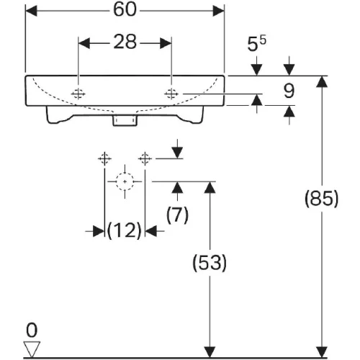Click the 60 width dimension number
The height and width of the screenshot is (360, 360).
point(125,10)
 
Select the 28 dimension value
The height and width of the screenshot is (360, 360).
point(125,42)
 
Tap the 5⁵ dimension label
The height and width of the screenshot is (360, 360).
point(257,43)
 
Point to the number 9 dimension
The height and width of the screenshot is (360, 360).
point(289,91)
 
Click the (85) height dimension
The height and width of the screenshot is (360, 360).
point(322,199)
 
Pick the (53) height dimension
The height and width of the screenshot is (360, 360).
point(210,263)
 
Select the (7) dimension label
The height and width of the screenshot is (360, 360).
point(177,215)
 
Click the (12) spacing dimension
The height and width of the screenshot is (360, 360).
point(125,230)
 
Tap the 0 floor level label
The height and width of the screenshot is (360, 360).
point(32,330)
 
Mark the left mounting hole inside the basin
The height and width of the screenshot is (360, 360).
point(78,94)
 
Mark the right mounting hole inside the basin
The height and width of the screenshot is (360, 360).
point(171,94)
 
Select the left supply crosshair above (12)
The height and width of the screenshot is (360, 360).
point(104,158)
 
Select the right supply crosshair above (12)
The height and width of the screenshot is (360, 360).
point(145,158)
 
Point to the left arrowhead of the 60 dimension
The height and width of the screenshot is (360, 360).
point(31,11)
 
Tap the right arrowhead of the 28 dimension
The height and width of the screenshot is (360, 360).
point(166,43)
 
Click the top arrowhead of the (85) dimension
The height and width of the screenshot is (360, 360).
point(322,81)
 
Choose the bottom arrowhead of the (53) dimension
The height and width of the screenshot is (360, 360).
point(210,352)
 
